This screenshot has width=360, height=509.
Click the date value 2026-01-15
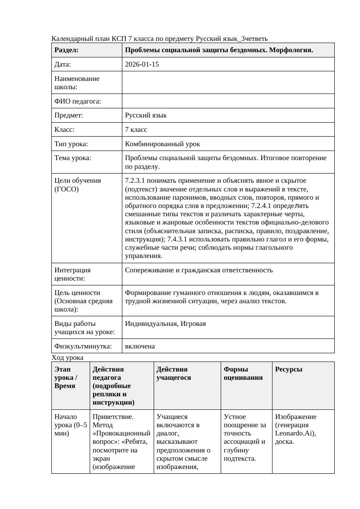[x=141, y=64]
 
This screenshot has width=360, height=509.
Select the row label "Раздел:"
[x=66, y=50]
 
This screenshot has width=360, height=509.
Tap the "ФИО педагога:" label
[x=77, y=101]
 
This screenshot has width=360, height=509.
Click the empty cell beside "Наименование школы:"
[x=228, y=83]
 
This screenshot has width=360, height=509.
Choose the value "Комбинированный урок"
[x=162, y=144]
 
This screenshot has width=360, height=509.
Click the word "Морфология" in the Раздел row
[x=291, y=50]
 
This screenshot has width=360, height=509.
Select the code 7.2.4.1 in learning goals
[x=261, y=206]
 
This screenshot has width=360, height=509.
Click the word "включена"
[x=140, y=346]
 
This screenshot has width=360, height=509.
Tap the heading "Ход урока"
[x=67, y=358]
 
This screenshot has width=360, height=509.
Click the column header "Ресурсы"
[x=289, y=369]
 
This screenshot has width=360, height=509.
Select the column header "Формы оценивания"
[x=243, y=373]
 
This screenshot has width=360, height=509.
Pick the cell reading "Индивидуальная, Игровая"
[x=165, y=324]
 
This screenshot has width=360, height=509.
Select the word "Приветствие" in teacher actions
[x=113, y=417]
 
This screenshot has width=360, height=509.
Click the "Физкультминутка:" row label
[x=83, y=346]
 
